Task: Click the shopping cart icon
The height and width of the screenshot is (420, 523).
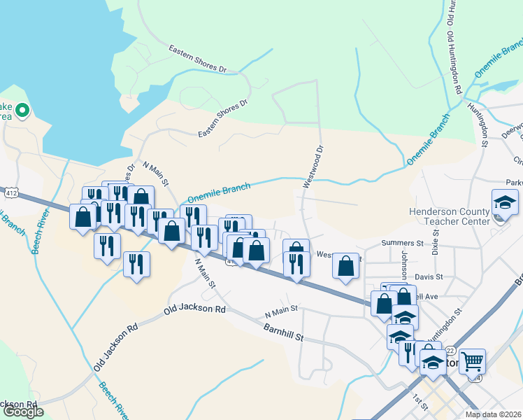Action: (473, 360)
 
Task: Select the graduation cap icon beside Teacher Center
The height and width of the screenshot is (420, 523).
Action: (505, 202)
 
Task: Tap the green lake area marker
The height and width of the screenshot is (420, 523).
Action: (22, 110)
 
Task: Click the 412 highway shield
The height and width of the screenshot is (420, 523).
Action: (10, 190)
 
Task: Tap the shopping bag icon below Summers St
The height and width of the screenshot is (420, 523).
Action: (345, 266)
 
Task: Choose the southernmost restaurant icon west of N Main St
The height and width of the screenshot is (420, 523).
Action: (136, 265)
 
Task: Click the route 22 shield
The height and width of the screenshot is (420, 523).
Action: (450, 350)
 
